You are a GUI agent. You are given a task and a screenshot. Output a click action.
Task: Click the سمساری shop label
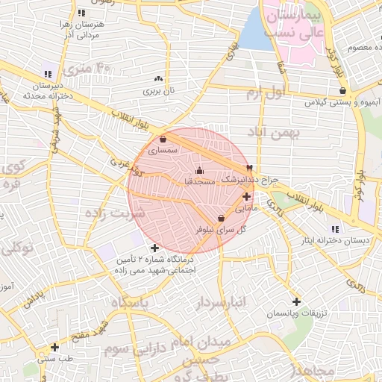163,150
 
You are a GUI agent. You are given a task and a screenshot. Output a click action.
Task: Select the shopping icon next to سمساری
163,139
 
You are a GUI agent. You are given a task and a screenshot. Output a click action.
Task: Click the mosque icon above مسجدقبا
198,171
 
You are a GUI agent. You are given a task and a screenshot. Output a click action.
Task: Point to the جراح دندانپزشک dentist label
252,180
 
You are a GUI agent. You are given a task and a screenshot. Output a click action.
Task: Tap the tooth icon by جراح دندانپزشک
250,168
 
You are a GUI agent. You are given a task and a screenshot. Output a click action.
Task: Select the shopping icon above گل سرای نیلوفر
221,217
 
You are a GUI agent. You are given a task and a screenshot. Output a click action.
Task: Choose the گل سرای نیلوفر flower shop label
221,229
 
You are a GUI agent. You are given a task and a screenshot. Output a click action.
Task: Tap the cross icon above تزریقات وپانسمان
297,302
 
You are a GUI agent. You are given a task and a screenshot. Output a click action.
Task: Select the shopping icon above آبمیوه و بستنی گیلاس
342,91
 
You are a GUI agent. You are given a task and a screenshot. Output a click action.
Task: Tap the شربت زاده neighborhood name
119,213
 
